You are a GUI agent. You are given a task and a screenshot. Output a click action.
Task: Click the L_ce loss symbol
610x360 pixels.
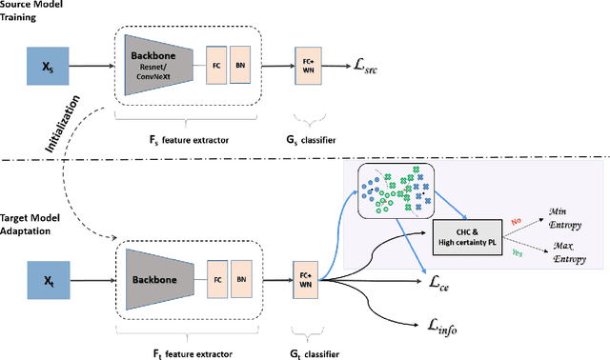(x=439, y=283)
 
